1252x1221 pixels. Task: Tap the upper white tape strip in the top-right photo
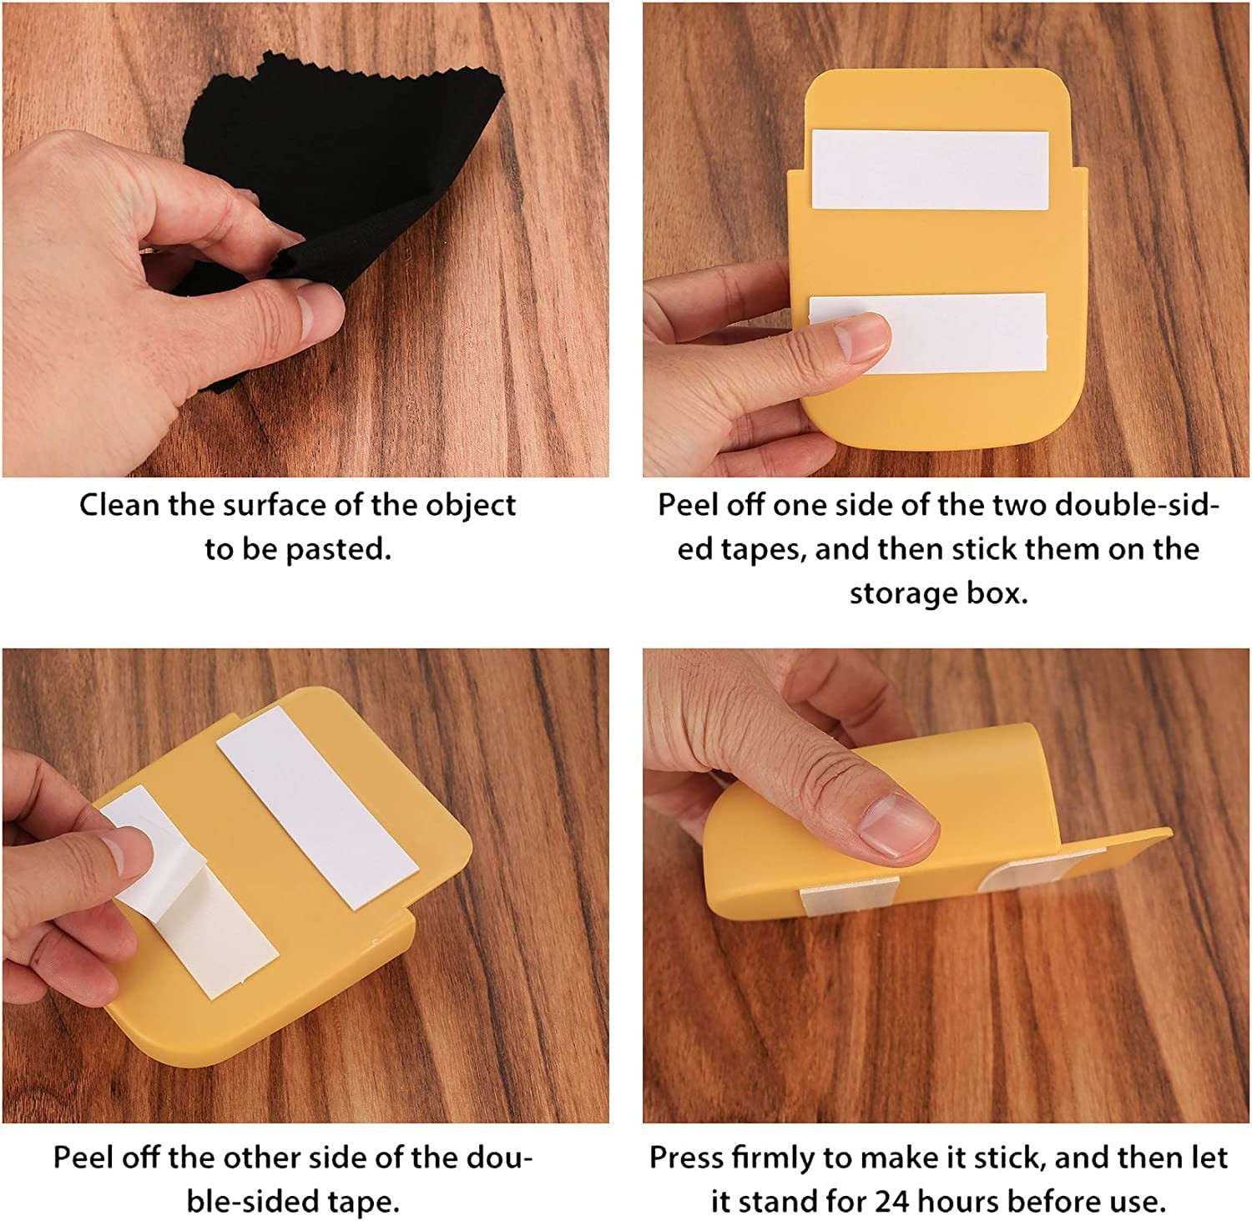(930, 169)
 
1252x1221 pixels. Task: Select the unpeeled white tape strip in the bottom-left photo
(318, 807)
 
